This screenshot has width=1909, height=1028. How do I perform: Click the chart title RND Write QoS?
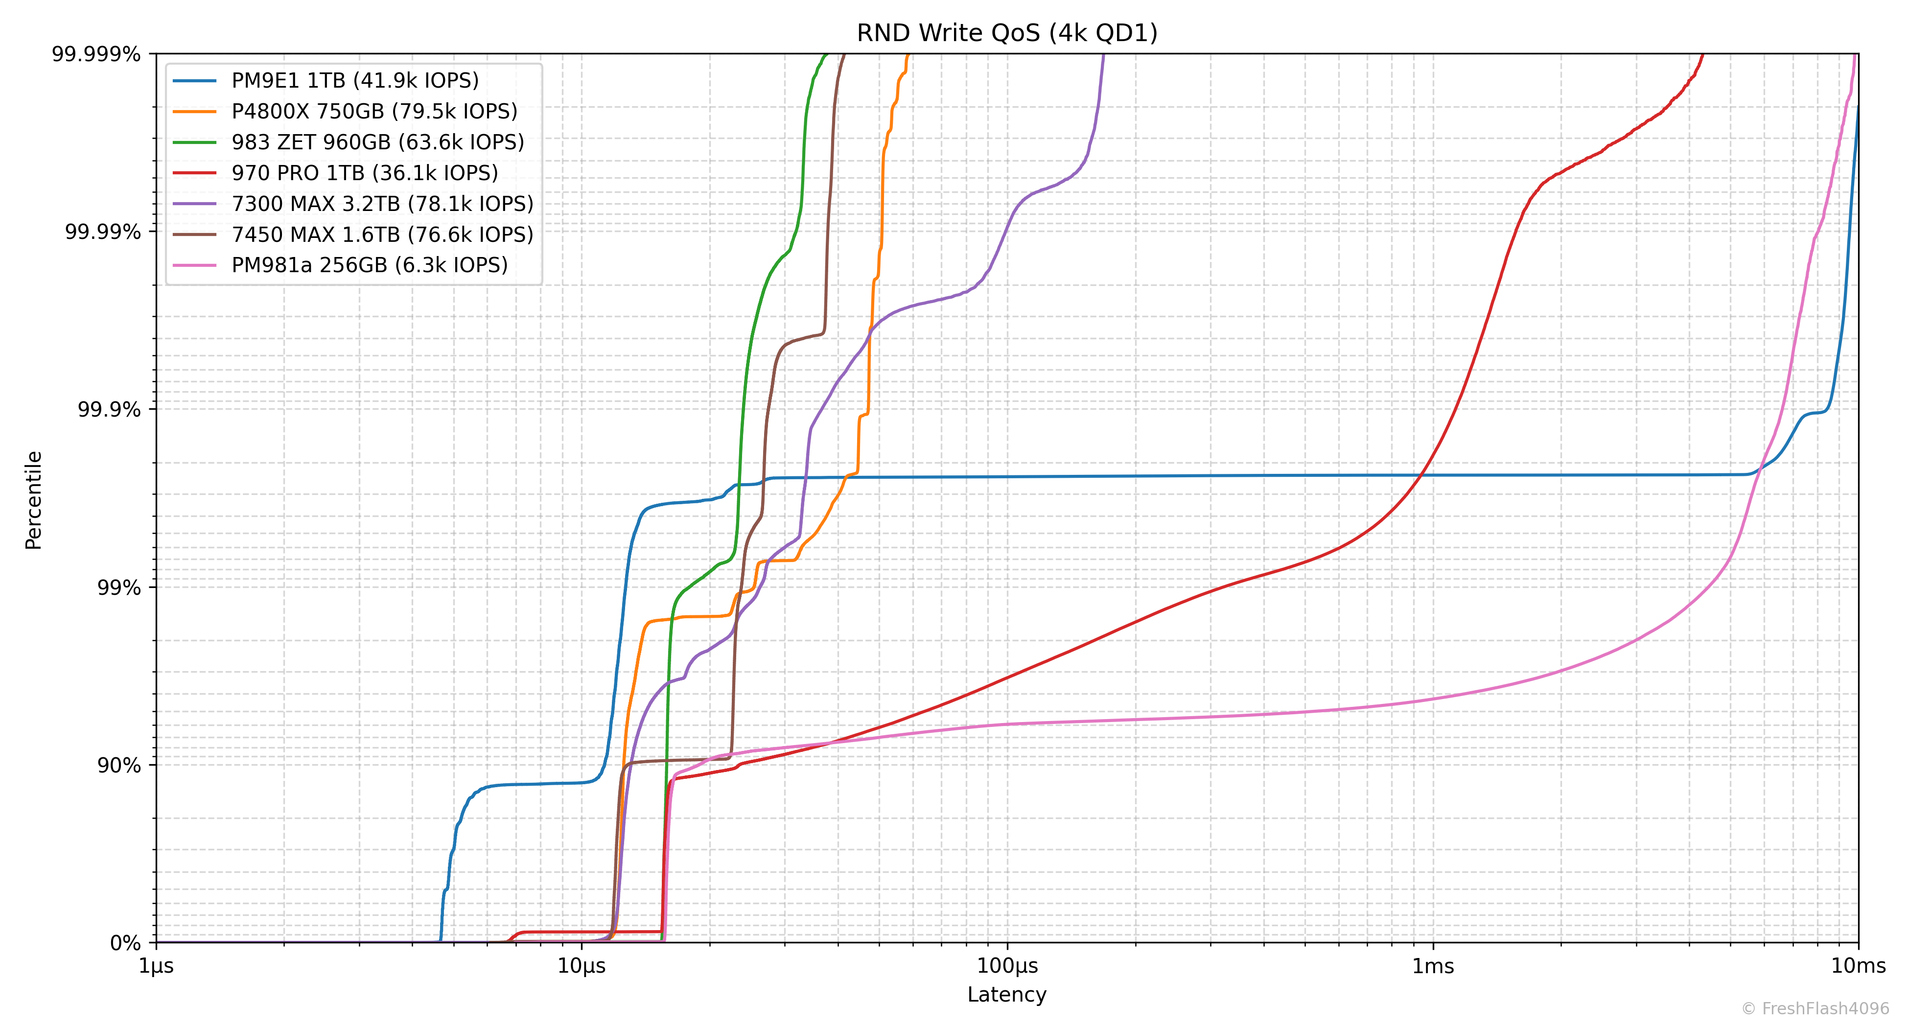(x=1006, y=33)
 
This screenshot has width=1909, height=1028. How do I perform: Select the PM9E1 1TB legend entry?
(x=354, y=80)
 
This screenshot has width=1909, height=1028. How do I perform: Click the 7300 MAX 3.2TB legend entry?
(x=382, y=204)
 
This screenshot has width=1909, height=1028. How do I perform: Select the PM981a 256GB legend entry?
(x=369, y=265)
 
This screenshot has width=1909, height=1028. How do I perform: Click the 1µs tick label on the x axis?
(x=156, y=966)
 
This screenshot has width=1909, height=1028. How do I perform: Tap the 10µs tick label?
(x=582, y=966)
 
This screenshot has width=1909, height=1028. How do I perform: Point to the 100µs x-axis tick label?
(x=1007, y=966)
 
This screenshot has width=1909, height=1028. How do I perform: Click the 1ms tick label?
(x=1433, y=966)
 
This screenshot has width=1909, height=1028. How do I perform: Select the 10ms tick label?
(x=1858, y=966)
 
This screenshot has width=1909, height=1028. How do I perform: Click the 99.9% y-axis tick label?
(x=109, y=410)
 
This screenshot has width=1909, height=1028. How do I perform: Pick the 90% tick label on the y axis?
(x=118, y=766)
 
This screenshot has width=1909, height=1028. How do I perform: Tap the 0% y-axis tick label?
(x=125, y=943)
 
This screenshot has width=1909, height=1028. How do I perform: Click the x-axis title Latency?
(x=1006, y=995)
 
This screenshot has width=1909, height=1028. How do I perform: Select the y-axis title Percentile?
(x=33, y=499)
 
